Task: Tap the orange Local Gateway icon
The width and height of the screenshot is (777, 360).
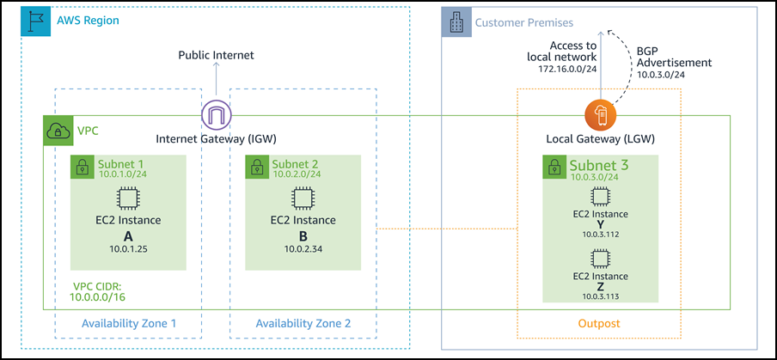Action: tap(601, 114)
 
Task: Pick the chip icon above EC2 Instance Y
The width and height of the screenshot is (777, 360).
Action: tap(601, 196)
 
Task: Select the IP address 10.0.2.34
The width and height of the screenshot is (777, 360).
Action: tap(302, 248)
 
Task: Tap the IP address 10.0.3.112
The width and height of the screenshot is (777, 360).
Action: tap(601, 233)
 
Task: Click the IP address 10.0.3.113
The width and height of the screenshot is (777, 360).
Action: tap(601, 293)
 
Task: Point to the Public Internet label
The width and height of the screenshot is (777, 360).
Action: tap(216, 55)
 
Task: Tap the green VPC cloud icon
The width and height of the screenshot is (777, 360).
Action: tap(58, 131)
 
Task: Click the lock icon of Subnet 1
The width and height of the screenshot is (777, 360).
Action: tap(83, 167)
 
